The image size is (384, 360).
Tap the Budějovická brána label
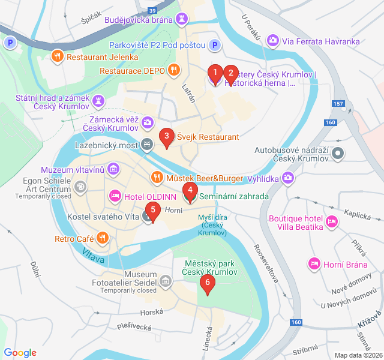point(138,20)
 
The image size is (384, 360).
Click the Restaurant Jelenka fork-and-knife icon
point(58,57)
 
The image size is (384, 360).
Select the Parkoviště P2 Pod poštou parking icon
point(215,45)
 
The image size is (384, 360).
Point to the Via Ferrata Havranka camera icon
point(273,40)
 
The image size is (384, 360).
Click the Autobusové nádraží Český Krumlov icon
point(338,154)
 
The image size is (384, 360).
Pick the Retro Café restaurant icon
point(103,239)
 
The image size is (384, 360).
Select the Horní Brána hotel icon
point(313,263)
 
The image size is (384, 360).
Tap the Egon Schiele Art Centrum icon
point(79,188)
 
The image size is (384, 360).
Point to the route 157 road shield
point(338,104)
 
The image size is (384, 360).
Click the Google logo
point(20,353)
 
